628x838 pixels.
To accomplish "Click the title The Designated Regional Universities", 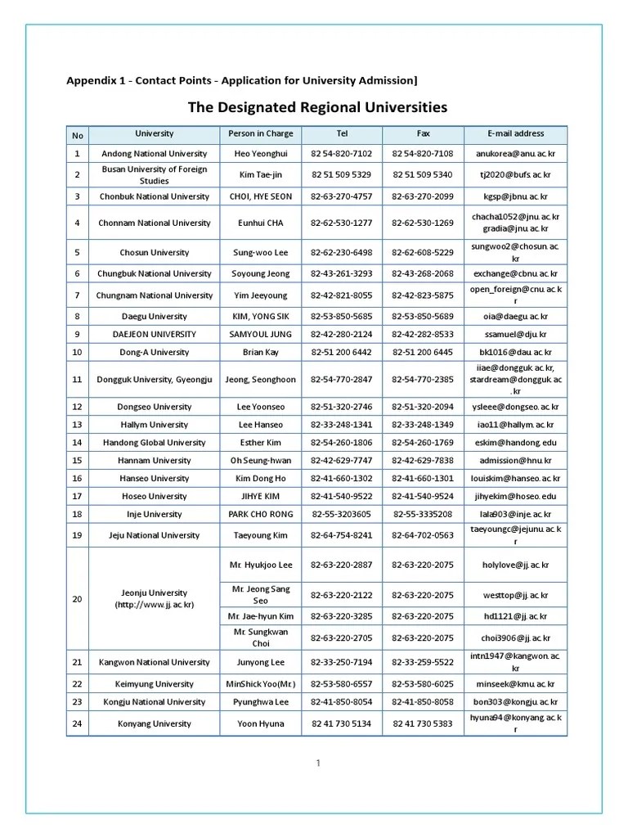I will [318, 107].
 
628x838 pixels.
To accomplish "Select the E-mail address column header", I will [515, 133].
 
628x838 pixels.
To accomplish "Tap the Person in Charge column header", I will [260, 133].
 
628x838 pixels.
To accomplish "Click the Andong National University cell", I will [155, 154].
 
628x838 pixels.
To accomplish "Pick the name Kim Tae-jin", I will [260, 175].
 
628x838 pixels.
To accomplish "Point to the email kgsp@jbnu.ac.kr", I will [515, 196].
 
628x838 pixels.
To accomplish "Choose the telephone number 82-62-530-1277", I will [342, 223].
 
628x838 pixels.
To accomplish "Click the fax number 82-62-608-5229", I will [423, 253].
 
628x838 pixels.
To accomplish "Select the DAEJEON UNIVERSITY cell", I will [155, 334].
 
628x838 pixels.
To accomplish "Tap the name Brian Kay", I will [260, 352].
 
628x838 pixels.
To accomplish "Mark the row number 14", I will [78, 442].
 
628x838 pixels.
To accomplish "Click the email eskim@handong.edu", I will [515, 442].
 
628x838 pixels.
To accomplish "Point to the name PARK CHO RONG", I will [260, 514].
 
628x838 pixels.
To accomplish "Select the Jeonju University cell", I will [155, 598].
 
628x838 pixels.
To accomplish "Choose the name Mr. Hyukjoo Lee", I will [260, 565].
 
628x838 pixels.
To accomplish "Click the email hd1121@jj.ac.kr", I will [515, 616].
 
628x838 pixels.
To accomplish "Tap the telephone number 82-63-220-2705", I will [342, 638].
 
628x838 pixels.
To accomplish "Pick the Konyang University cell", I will [155, 723].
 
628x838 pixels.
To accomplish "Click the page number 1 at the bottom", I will [317, 763].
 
